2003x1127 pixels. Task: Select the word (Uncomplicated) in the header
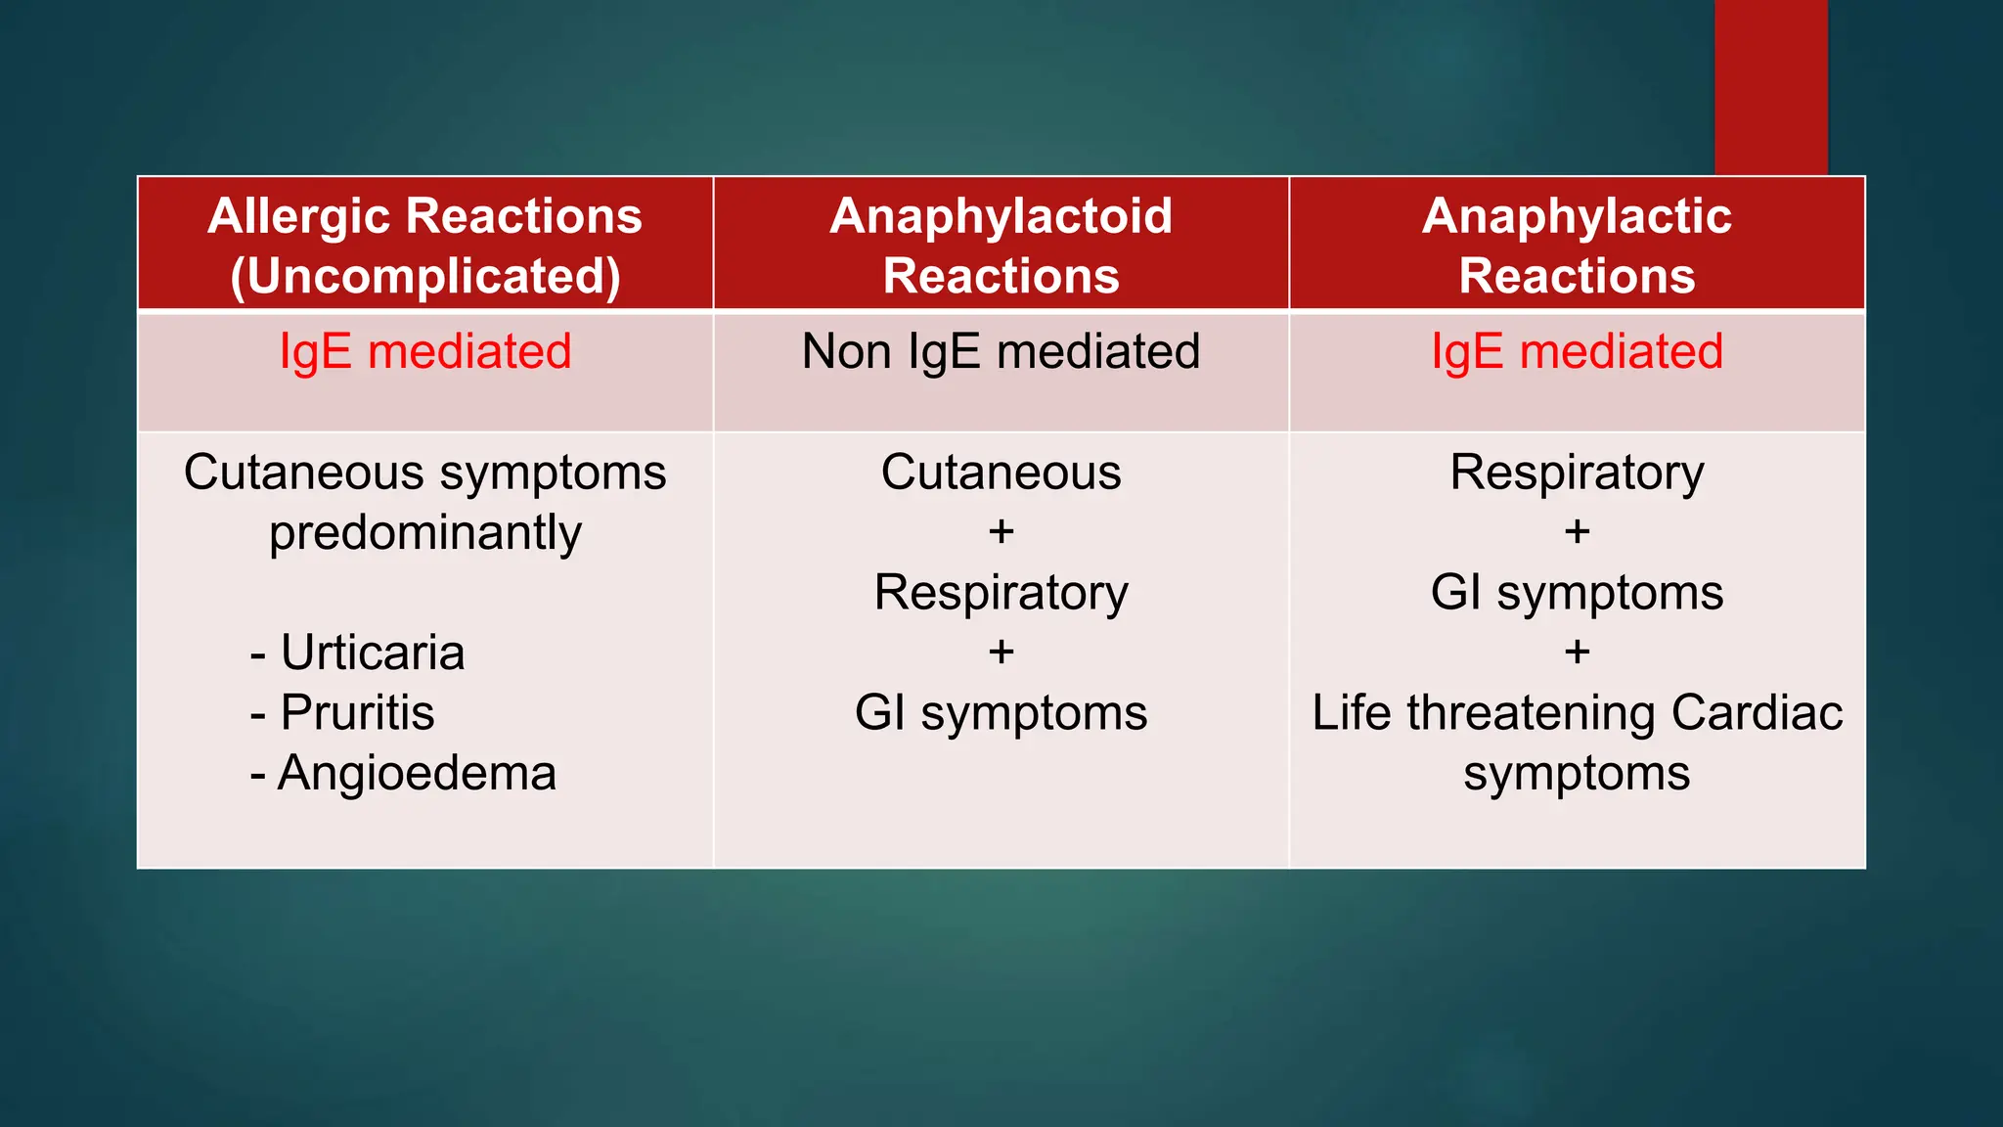click(425, 277)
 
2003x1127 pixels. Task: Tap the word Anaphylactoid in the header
click(1001, 216)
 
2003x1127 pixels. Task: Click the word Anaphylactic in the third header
click(1577, 216)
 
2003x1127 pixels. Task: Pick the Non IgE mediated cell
click(1001, 352)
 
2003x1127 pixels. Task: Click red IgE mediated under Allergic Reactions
click(425, 352)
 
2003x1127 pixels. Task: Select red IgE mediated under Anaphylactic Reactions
click(1577, 352)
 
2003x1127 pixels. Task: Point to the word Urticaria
click(372, 653)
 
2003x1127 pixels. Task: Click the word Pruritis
click(357, 712)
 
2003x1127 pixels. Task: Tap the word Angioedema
click(417, 774)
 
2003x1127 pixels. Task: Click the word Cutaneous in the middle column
click(1001, 473)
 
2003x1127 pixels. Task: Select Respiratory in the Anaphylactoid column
click(1001, 593)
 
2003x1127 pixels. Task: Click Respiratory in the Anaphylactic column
click(1577, 473)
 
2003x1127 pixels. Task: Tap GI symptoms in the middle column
click(1001, 713)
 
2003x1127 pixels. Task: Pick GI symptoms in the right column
click(1577, 593)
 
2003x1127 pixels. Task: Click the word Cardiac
click(1757, 713)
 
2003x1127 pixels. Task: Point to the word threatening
click(1532, 713)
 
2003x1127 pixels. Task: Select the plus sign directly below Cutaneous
click(1001, 532)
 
